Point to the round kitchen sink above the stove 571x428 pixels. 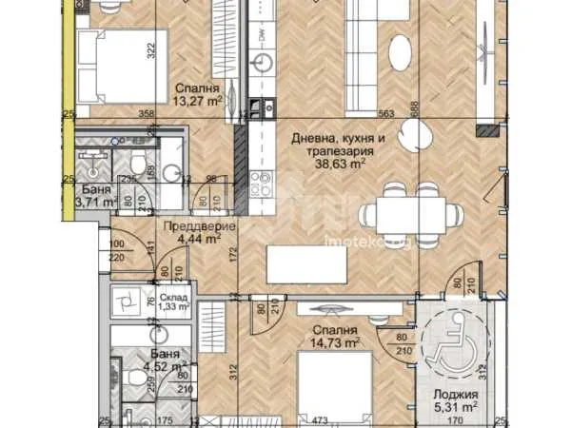click(x=260, y=64)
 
